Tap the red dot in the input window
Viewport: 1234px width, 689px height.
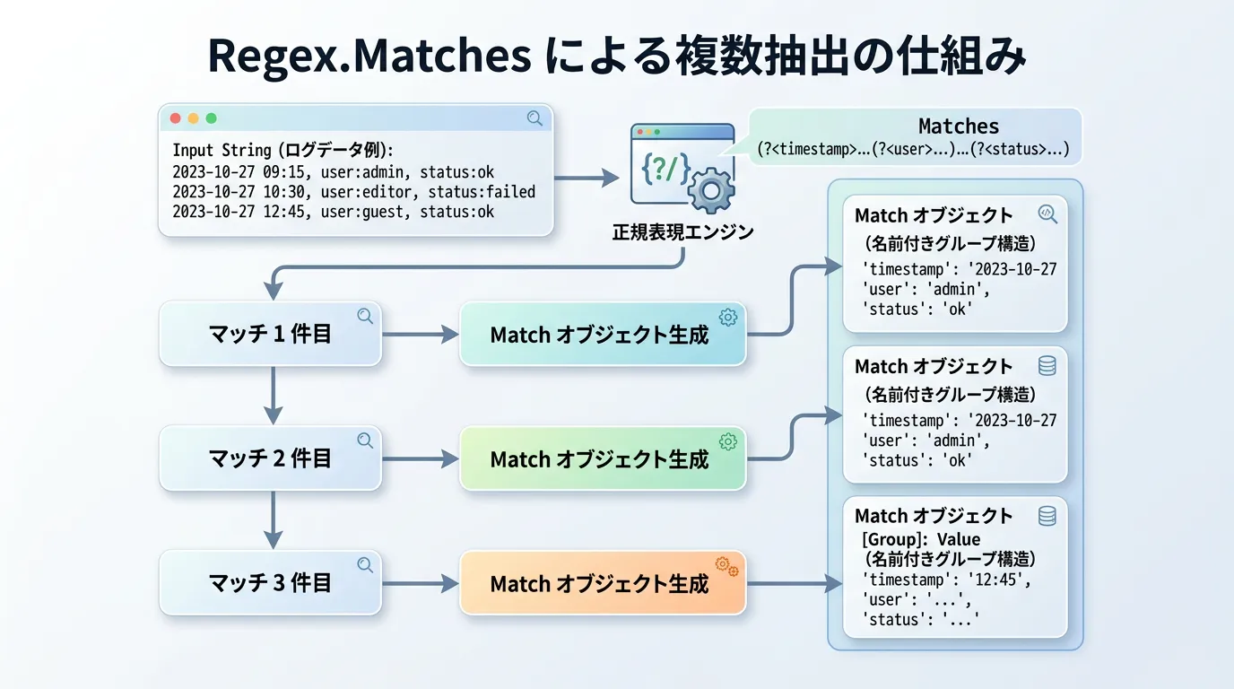pos(176,118)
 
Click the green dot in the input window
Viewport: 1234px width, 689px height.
pos(212,118)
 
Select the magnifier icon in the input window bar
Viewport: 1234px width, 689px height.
pos(534,118)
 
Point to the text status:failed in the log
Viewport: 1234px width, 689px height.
pos(482,192)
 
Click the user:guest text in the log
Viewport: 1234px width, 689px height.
pos(370,213)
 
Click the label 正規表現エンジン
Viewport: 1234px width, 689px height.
pos(683,232)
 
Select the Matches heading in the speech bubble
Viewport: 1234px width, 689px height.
pos(959,126)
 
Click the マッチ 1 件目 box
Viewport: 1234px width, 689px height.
pos(270,335)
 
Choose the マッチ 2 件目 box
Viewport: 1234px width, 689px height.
pos(270,458)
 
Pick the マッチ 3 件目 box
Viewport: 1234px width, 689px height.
pos(270,583)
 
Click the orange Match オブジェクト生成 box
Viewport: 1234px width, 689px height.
pos(602,583)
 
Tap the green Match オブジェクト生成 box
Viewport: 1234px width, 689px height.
pos(602,458)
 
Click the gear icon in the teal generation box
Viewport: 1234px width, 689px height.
pos(727,317)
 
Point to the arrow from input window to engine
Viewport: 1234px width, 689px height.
pos(587,178)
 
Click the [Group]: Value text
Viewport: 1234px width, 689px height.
pos(921,539)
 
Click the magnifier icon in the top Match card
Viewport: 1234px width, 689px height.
pos(1047,214)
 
